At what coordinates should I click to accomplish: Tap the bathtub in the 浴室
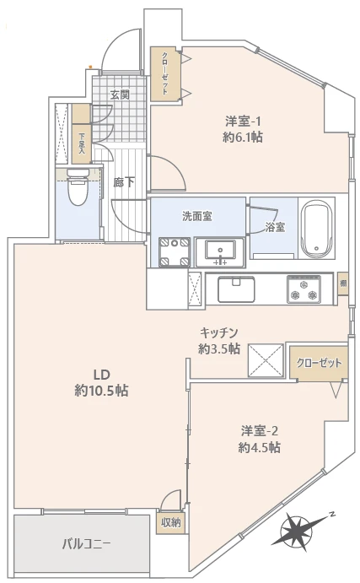coord(316,229)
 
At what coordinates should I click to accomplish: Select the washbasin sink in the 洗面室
coord(220,252)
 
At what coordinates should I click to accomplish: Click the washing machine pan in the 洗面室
coord(174,252)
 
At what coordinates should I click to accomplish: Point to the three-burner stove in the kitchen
coord(304,289)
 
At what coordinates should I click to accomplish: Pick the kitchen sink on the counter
coord(236,289)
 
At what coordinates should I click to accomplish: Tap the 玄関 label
coord(120,95)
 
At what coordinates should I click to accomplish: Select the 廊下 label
coord(124,182)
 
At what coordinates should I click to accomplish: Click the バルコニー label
coord(86,545)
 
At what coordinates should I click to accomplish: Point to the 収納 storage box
coord(171,523)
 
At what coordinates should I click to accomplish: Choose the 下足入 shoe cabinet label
coord(82,144)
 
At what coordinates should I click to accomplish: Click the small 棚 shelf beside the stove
coord(343,283)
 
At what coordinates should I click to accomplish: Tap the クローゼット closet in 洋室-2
coord(319,363)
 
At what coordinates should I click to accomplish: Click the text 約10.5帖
coord(101,391)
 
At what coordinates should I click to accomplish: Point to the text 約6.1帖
coord(243,138)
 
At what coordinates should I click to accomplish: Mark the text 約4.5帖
coord(260,447)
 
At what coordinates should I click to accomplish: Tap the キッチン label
coord(219,332)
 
